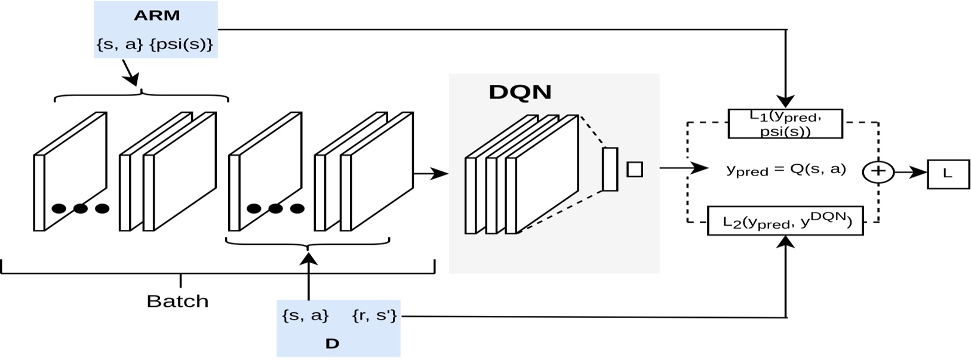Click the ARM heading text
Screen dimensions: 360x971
coord(156,16)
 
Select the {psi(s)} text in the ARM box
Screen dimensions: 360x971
coord(182,44)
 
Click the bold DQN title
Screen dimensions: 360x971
coord(520,92)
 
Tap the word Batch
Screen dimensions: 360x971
coord(177,301)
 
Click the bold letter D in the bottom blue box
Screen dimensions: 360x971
coord(332,343)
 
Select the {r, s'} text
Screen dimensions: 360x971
coord(374,315)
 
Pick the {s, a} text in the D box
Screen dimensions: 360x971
coord(305,315)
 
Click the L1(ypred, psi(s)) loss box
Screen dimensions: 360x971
coord(785,124)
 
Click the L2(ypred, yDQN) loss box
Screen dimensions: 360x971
coord(785,221)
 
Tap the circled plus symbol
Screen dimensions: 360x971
coord(878,172)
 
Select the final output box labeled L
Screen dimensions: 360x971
coord(947,174)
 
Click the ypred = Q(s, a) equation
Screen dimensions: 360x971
coord(786,170)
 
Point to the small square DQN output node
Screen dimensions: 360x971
coord(634,170)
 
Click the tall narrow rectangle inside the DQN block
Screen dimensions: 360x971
coord(610,169)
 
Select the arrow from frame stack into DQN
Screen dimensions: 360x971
coord(431,174)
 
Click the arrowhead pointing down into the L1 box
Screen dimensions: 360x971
coord(786,101)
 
